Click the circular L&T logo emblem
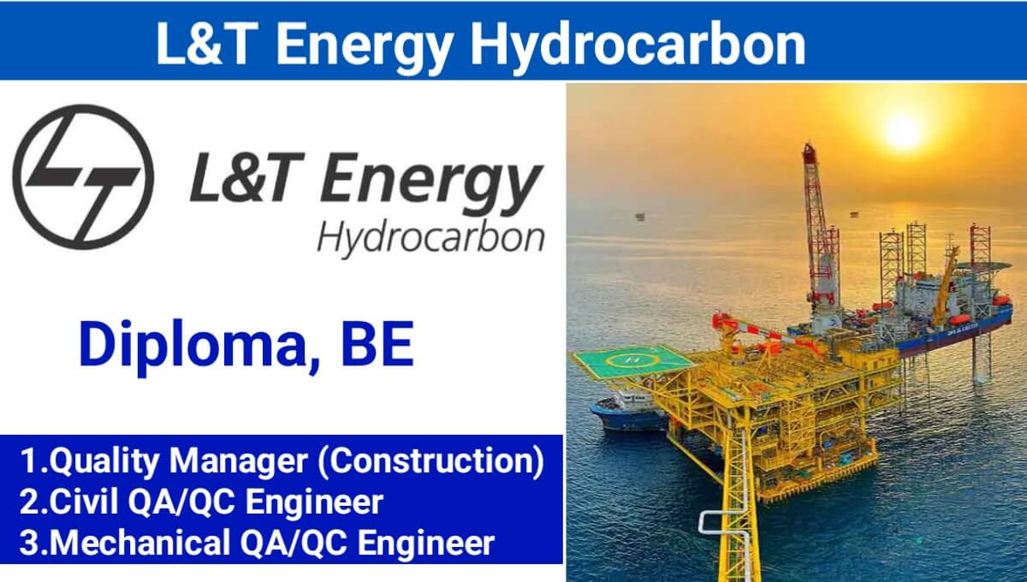point(83,176)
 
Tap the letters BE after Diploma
point(377,344)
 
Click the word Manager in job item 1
point(239,462)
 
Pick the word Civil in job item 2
point(84,502)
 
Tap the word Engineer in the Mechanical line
point(426,543)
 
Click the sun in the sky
point(903,132)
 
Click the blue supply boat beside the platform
point(629,413)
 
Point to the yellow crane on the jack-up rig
point(946,284)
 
